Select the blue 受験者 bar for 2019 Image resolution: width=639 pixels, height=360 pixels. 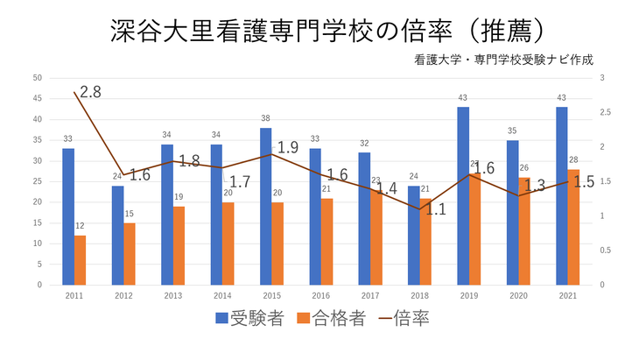coord(463,196)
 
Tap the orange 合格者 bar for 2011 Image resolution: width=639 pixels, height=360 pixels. coord(81,260)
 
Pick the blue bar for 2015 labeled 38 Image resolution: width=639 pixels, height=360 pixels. coord(265,206)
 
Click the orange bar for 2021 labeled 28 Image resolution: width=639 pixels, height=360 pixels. coord(573,227)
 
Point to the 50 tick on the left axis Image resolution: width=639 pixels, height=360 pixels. coord(37,78)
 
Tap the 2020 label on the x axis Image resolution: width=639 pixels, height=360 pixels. coord(518,296)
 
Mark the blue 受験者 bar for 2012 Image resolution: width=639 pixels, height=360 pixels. coord(117,235)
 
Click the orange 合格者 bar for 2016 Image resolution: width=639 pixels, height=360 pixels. coord(327,242)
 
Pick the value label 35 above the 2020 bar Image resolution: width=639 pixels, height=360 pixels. coord(513,131)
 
